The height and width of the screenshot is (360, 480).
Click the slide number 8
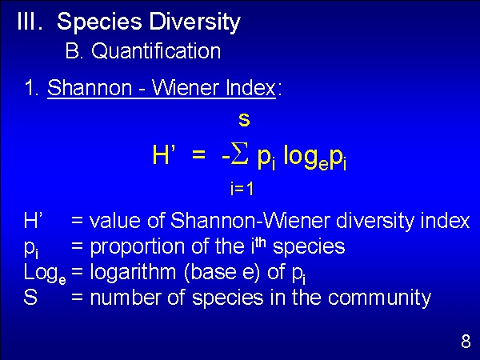click(466, 341)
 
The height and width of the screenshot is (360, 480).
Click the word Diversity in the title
click(194, 22)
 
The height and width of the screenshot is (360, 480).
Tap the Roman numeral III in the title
click(30, 21)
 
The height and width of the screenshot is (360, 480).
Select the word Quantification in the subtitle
click(156, 50)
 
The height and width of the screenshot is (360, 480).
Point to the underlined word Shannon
click(90, 87)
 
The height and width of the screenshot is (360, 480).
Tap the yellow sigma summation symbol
click(239, 154)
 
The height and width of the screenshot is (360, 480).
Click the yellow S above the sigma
click(244, 120)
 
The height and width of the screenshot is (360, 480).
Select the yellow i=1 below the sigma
click(242, 189)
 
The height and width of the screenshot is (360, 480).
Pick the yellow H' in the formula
click(164, 155)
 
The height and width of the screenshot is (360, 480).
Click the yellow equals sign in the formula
click(198, 155)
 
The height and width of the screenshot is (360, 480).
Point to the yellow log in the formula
click(301, 156)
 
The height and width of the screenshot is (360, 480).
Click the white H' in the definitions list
click(33, 220)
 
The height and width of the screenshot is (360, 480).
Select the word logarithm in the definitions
click(133, 273)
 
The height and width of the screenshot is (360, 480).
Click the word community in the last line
click(379, 298)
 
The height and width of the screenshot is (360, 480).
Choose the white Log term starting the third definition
click(45, 274)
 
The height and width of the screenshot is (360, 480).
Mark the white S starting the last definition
click(30, 297)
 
